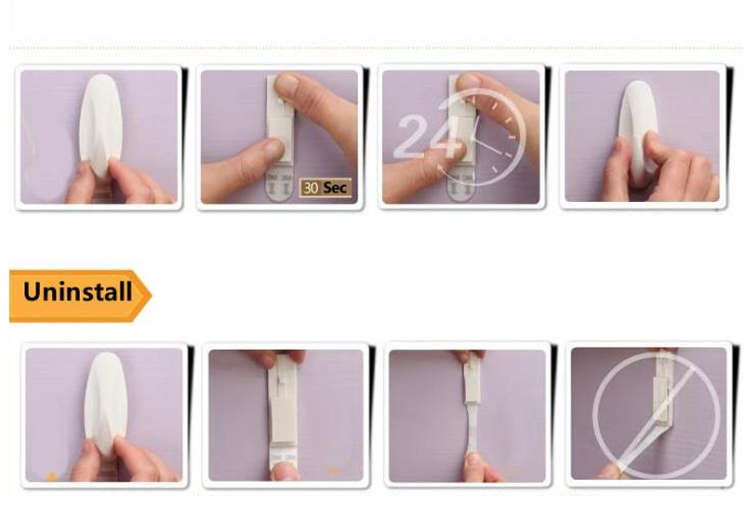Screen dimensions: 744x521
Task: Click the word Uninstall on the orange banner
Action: (x=77, y=291)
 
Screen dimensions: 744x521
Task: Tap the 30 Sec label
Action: (x=325, y=187)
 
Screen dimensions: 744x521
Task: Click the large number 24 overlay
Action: (x=428, y=136)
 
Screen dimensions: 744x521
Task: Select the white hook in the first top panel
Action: (x=100, y=126)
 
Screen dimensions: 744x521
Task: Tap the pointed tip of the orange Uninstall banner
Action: (x=151, y=295)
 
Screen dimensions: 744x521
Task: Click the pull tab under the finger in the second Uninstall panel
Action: (x=284, y=457)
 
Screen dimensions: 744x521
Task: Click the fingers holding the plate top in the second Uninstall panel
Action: (x=279, y=359)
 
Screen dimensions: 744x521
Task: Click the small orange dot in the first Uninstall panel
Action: (x=51, y=476)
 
